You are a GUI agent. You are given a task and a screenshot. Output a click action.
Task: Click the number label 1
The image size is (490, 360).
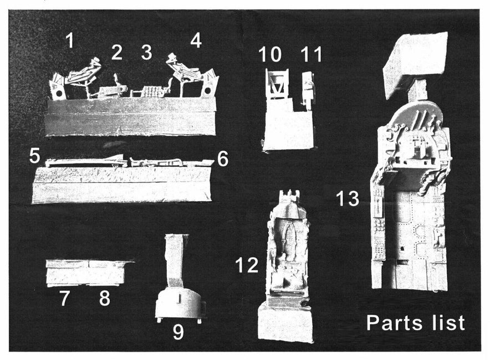pos(70,40)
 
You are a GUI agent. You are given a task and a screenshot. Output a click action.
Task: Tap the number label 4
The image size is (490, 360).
pos(196,40)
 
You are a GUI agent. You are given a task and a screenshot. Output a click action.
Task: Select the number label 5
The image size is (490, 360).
pos(35,156)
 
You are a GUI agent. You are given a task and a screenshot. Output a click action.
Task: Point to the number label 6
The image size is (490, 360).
pos(223,160)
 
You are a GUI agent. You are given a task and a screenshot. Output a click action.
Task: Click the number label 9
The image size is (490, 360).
pos(178,332)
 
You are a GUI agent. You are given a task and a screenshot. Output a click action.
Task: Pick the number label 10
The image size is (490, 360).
pos(270,54)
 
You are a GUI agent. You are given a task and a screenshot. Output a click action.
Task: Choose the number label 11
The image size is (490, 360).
pos(312,54)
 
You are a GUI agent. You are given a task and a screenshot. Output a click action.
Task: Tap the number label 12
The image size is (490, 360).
pos(247,265)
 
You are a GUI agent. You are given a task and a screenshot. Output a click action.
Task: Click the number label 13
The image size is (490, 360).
pos(348,199)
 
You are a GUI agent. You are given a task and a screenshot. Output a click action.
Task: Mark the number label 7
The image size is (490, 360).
pos(64,299)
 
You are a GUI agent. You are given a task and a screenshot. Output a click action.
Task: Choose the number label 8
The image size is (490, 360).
pos(105,299)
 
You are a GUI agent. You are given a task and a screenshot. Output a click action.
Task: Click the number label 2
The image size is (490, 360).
pos(116,53)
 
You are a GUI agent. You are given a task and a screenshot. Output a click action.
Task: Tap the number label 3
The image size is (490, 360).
pos(146,53)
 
